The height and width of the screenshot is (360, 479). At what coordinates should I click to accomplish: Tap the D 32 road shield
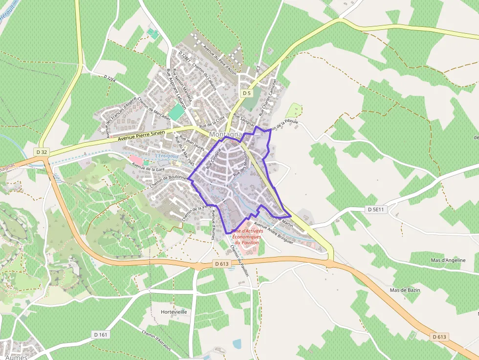41,152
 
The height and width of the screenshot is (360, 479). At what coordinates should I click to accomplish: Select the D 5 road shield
246,93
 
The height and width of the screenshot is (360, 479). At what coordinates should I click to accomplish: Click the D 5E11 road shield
376,209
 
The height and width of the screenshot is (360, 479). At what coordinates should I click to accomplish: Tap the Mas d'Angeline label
448,260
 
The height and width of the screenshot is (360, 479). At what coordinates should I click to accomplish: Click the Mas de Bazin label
405,290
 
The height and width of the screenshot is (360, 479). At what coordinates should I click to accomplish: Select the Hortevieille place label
174,312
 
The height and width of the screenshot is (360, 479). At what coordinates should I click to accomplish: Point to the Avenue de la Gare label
148,169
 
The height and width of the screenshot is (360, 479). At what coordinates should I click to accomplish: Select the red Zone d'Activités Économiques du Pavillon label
246,236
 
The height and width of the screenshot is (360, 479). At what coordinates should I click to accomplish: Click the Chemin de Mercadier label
154,107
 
